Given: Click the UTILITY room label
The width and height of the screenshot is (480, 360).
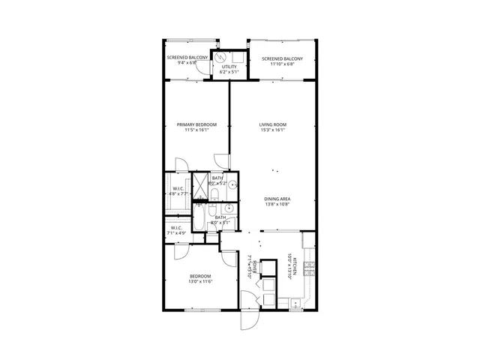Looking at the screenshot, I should point(229,67).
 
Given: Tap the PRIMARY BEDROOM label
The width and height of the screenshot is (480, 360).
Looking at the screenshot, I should point(196,124).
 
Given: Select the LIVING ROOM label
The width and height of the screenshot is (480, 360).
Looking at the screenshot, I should point(273,124).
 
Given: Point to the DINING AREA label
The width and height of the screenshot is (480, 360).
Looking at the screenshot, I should point(277,198).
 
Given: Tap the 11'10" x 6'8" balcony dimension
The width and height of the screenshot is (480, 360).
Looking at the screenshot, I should point(282,64).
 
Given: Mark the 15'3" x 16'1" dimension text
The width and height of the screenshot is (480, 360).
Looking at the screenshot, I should point(273,130).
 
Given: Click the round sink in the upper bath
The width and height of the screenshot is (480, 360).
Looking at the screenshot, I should point(232,184).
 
